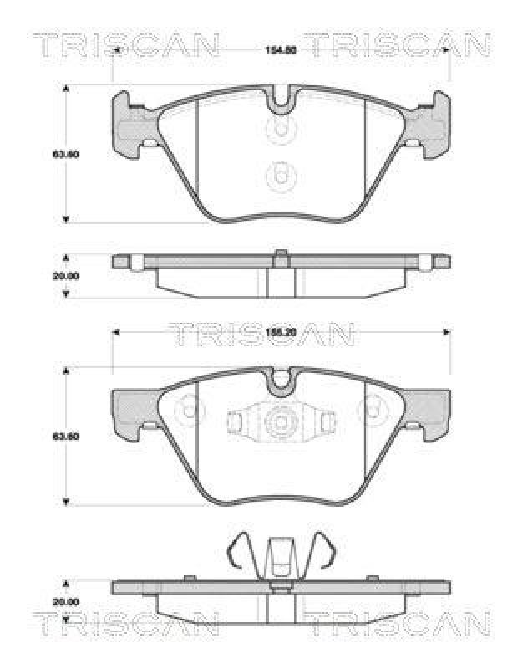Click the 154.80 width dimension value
[281, 49]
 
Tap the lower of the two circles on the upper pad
[281, 176]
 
